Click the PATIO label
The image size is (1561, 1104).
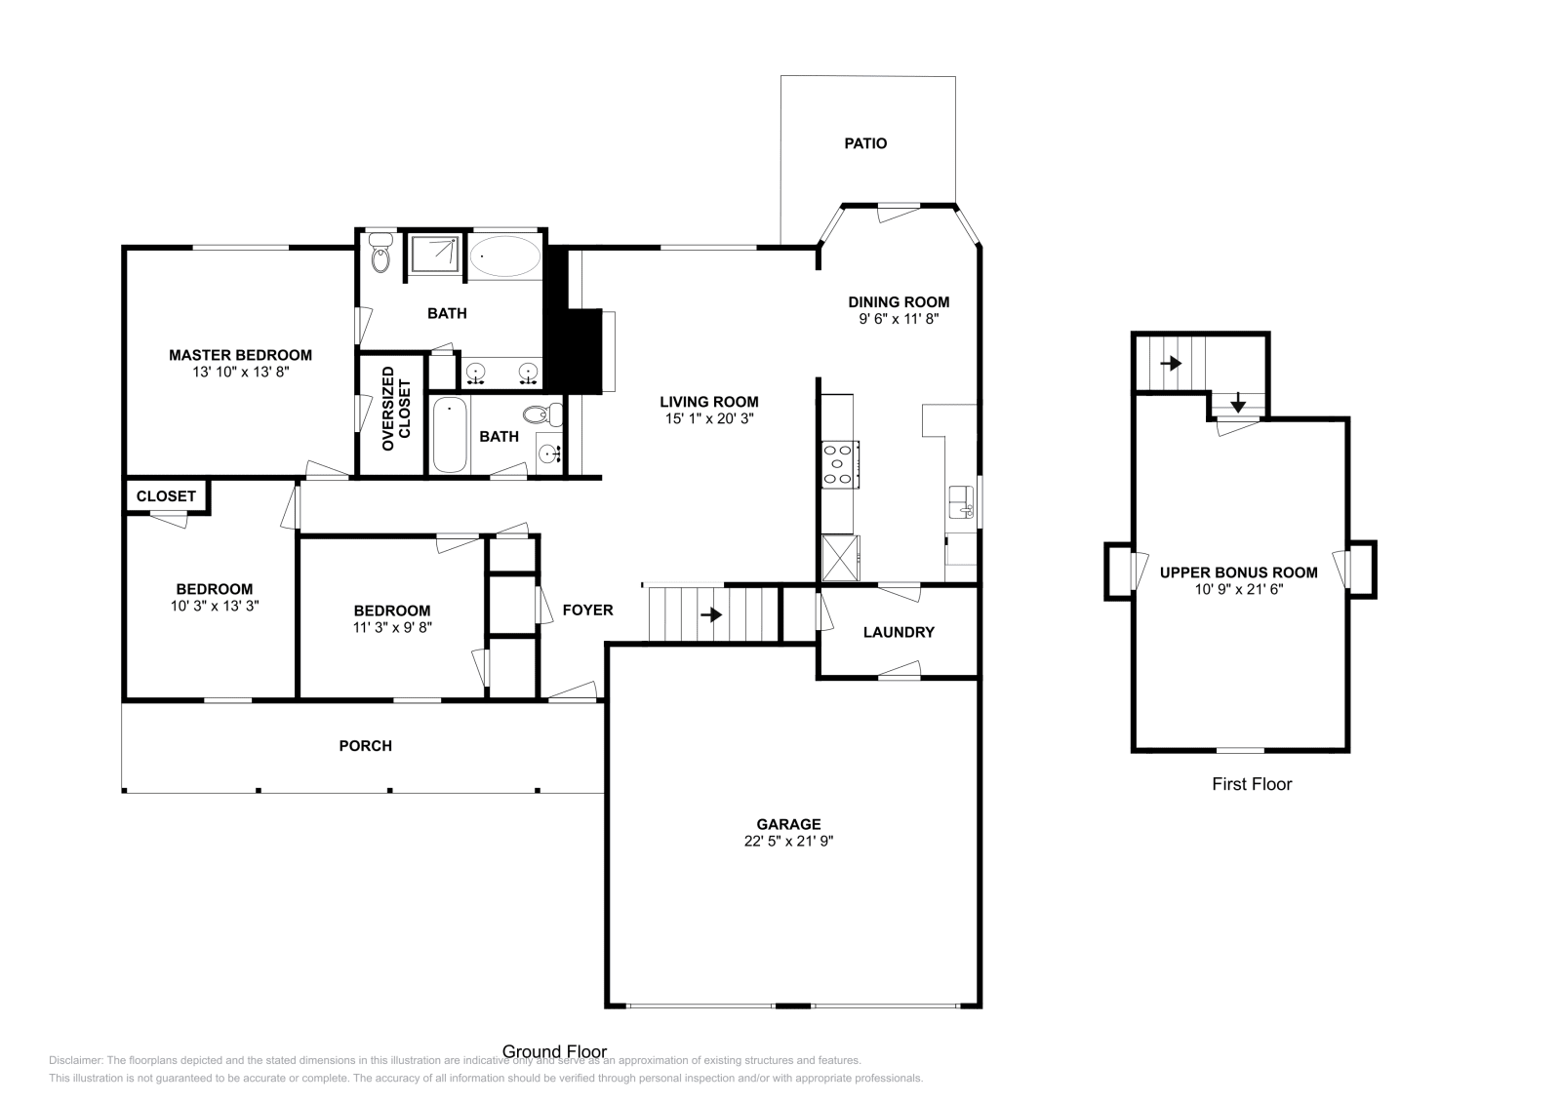coord(865,143)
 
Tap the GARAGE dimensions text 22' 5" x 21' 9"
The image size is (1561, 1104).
coord(788,842)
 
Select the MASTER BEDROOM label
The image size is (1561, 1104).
coord(240,355)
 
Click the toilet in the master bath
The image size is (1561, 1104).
coord(380,256)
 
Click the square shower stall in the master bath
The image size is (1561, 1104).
coord(434,256)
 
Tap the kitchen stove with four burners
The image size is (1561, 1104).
coord(839,463)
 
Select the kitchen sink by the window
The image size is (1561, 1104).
coord(961,501)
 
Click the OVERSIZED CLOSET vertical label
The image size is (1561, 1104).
coord(396,409)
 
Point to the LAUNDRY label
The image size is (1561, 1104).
coord(899,632)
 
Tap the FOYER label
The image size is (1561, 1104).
coord(587,610)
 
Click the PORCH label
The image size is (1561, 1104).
coord(365,746)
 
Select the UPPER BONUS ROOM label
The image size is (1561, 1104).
coord(1238,572)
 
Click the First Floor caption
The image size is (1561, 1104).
coord(1252,784)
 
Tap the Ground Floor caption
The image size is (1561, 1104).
coord(554,1051)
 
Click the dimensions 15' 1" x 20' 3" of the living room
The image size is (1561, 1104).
coord(708,418)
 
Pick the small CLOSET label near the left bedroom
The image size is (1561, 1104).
coord(166,496)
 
